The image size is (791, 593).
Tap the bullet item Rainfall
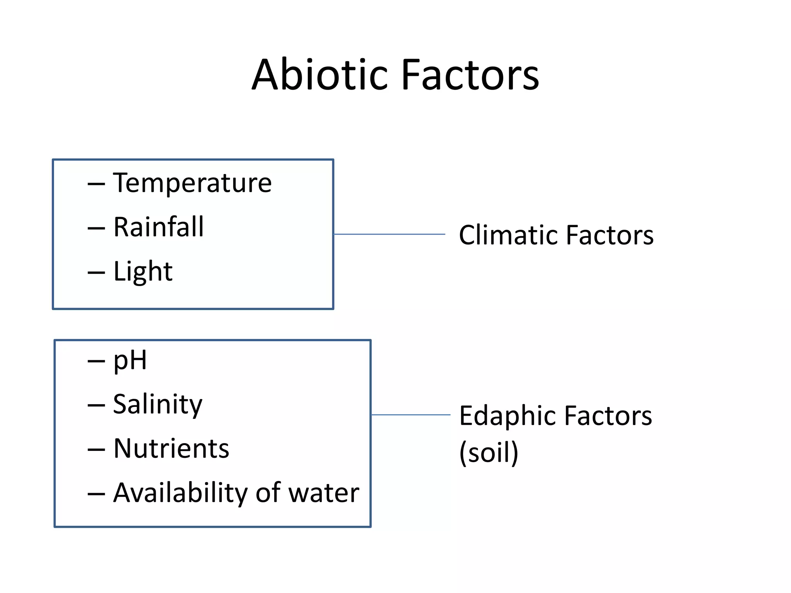click(x=158, y=227)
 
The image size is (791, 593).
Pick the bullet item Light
click(x=143, y=271)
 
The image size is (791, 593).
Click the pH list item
click(x=130, y=361)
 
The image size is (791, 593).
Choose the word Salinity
click(x=158, y=405)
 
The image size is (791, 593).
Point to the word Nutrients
click(x=171, y=449)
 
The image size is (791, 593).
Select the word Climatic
click(x=509, y=235)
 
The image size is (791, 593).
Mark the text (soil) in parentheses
click(x=489, y=452)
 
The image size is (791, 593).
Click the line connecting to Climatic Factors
click(x=389, y=234)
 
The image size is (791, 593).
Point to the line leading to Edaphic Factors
click(x=411, y=415)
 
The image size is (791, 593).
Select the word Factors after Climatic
click(x=610, y=235)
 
